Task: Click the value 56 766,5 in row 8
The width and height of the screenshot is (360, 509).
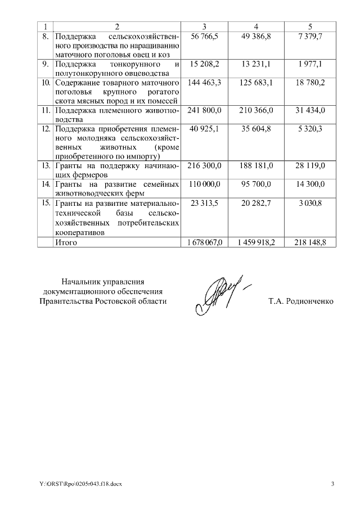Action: (x=204, y=36)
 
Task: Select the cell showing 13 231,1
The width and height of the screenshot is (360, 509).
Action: (x=256, y=64)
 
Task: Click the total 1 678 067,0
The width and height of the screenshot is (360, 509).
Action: (x=205, y=242)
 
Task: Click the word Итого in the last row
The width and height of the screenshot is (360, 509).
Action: (x=66, y=242)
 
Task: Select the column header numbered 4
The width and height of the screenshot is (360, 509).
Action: (x=256, y=26)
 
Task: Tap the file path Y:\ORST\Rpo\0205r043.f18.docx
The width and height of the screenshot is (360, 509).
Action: (x=80, y=484)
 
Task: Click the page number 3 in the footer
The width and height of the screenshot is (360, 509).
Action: (x=332, y=484)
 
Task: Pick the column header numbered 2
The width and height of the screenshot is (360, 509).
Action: (x=116, y=26)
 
